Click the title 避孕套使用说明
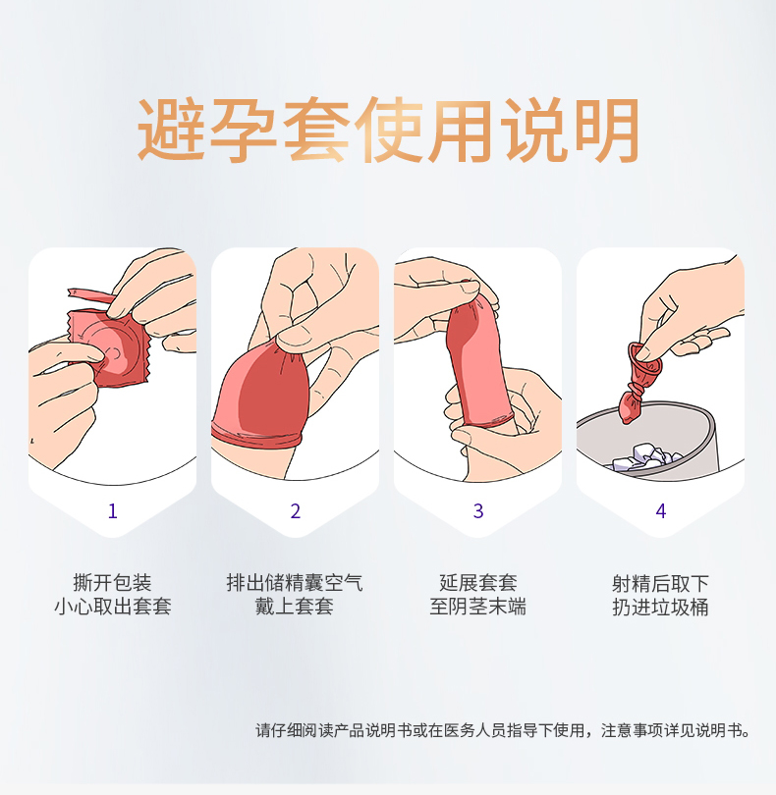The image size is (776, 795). (x=388, y=130)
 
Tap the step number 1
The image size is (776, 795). (x=113, y=511)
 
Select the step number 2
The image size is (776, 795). (x=296, y=511)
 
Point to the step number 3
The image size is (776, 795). (x=478, y=511)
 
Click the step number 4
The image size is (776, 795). (x=661, y=511)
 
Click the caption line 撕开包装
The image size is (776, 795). (x=113, y=583)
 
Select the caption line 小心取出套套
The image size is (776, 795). (x=113, y=607)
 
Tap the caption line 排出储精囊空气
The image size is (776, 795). (x=295, y=583)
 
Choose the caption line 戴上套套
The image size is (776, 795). (x=295, y=607)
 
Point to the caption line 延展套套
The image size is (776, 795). (x=478, y=583)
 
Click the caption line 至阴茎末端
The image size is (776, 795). (x=478, y=607)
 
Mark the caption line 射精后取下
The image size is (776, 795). (x=660, y=583)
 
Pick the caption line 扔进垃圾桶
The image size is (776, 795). (x=660, y=607)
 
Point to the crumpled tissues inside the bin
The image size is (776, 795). (x=643, y=457)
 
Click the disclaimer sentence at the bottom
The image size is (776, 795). (x=503, y=730)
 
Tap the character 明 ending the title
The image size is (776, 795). (x=606, y=130)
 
